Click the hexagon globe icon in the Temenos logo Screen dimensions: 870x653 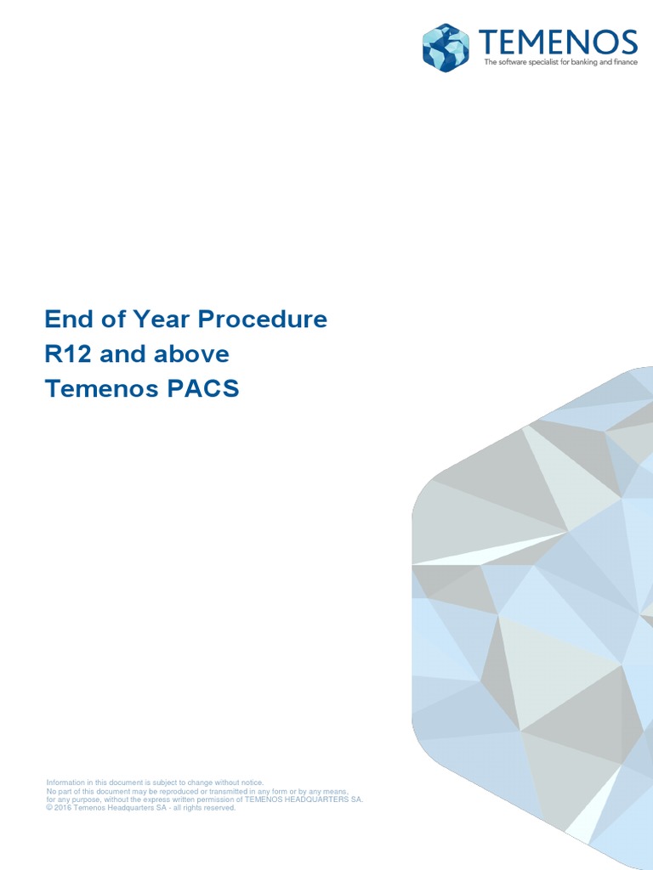point(446,48)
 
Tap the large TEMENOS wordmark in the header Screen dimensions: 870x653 point(557,42)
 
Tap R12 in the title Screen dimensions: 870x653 point(65,354)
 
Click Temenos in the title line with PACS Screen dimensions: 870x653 point(101,389)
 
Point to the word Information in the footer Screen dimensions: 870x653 point(66,782)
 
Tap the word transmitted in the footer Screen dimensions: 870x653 point(239,791)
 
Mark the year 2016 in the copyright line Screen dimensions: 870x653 point(64,808)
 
